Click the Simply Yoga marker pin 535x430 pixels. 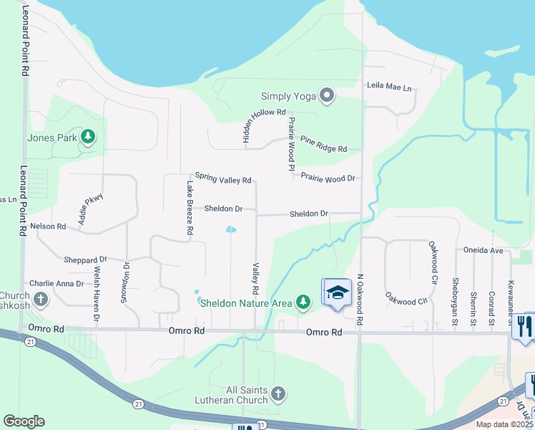328,95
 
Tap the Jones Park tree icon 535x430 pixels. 88,136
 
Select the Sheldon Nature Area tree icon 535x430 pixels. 304,302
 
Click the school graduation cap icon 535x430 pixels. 338,293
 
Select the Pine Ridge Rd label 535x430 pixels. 323,144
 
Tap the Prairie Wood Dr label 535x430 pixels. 328,177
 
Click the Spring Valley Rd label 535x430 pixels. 223,178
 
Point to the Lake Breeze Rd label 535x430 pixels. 190,209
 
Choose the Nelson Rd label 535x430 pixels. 48,226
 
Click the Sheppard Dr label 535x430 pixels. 85,259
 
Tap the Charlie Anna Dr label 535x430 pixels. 57,284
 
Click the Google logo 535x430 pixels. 24,421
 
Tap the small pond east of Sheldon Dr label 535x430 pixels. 231,230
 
